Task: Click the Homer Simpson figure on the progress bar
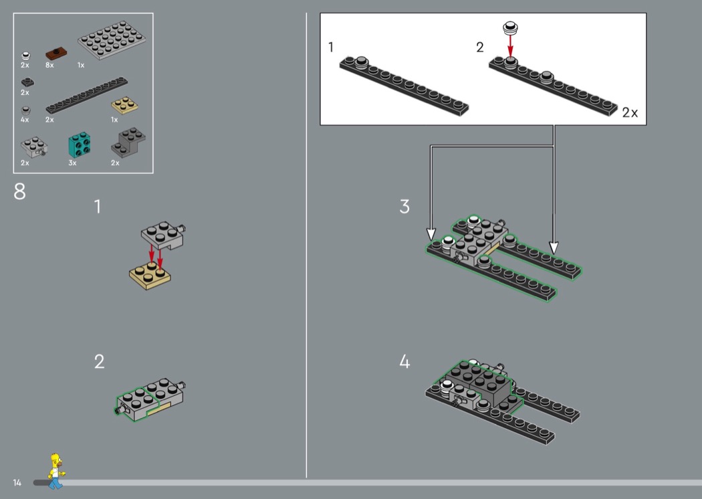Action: pyautogui.click(x=56, y=471)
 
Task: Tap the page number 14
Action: pyautogui.click(x=17, y=482)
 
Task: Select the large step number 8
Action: pyautogui.click(x=19, y=192)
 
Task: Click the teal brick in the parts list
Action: pyautogui.click(x=80, y=144)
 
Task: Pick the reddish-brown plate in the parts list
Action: pyautogui.click(x=56, y=54)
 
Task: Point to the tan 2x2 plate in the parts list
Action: pyautogui.click(x=124, y=106)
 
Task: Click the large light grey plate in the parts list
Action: pyautogui.click(x=112, y=40)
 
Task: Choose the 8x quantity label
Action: pyautogui.click(x=49, y=65)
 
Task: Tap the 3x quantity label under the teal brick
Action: pyautogui.click(x=72, y=163)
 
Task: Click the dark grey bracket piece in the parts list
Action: pyautogui.click(x=128, y=142)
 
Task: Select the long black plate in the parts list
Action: pyautogui.click(x=86, y=96)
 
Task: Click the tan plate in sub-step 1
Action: pyautogui.click(x=150, y=276)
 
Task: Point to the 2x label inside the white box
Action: pyautogui.click(x=630, y=112)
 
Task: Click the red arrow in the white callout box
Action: pyautogui.click(x=510, y=46)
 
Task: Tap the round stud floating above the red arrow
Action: pyautogui.click(x=510, y=28)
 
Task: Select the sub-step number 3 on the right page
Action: pyautogui.click(x=404, y=207)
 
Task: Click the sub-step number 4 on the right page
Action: pyautogui.click(x=404, y=361)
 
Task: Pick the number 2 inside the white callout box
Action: pyautogui.click(x=480, y=47)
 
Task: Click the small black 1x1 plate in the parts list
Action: pyautogui.click(x=27, y=82)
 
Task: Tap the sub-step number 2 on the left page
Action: pyautogui.click(x=100, y=361)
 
